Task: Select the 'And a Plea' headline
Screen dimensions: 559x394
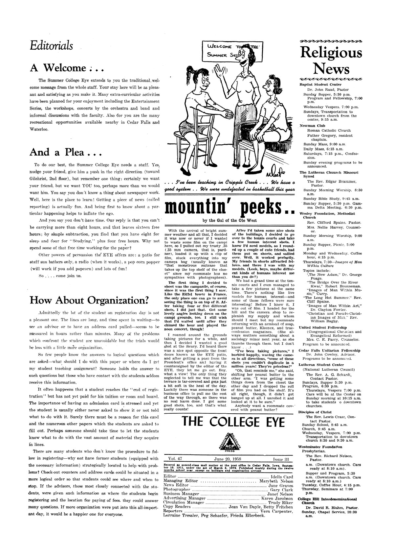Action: (65, 152)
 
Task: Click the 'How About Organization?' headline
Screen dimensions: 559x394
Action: (89, 300)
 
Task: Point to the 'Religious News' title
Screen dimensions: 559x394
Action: (331, 61)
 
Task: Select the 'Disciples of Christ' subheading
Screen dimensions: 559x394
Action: (315, 412)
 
